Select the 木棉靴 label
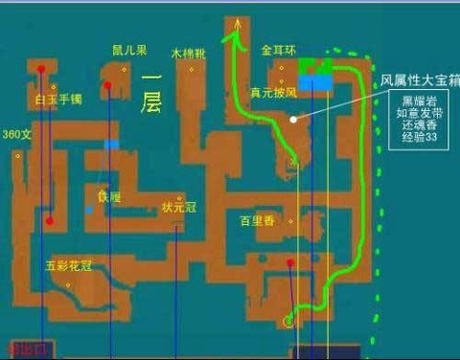pyautogui.click(x=188, y=54)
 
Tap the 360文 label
pyautogui.click(x=17, y=134)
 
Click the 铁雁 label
pyautogui.click(x=110, y=197)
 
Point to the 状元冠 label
pyautogui.click(x=177, y=206)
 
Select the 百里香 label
pyautogui.click(x=257, y=221)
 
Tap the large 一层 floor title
pyautogui.click(x=150, y=92)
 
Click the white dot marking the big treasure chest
pyautogui.click(x=293, y=120)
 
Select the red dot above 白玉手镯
pyautogui.click(x=40, y=69)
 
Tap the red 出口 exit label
pyautogui.click(x=22, y=349)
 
